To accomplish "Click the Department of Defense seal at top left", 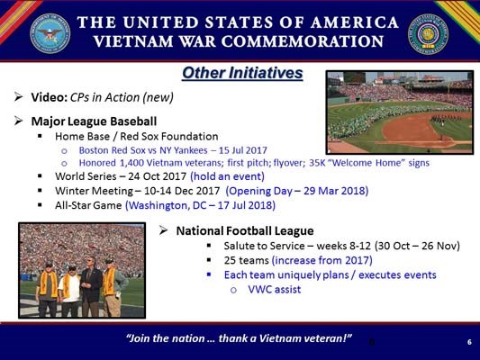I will pyautogui.click(x=50, y=32).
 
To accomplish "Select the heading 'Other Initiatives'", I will pyautogui.click(x=241, y=73).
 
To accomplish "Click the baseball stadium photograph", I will pyautogui.click(x=398, y=112).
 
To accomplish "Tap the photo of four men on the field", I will pyautogui.click(x=81, y=269).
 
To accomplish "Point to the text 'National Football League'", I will pyautogui.click(x=244, y=230).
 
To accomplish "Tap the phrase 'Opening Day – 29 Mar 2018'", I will pyautogui.click(x=296, y=191).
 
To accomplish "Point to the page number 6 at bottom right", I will pyautogui.click(x=469, y=342).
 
